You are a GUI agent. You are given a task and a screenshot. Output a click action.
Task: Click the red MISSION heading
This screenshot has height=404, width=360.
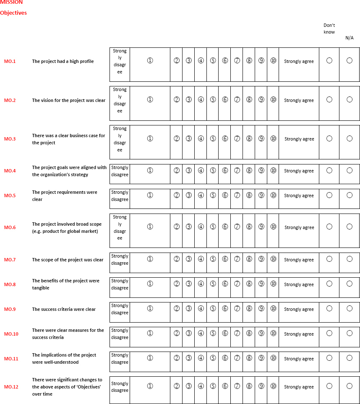[x=11, y=2]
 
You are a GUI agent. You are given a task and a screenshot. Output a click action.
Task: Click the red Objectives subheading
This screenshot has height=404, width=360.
[x=13, y=13]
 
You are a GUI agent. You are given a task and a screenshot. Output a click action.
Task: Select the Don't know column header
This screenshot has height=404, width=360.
[x=329, y=29]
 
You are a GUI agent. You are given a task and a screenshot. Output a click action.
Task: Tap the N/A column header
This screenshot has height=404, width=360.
[x=350, y=38]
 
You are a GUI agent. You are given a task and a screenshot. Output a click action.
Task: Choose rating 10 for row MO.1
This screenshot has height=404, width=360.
[x=273, y=60]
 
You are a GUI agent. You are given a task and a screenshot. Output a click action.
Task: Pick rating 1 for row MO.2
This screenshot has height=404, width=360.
[x=150, y=99]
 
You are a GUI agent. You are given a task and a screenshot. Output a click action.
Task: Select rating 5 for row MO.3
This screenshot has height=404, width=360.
[x=213, y=138]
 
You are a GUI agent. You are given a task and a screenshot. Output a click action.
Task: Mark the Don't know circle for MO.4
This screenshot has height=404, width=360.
[x=329, y=170]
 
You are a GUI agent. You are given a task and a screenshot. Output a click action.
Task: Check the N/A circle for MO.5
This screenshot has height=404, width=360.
[x=350, y=195]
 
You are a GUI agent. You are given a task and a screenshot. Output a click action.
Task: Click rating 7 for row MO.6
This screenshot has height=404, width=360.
[x=237, y=227]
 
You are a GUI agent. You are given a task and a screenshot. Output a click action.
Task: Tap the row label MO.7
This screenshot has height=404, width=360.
[x=10, y=260]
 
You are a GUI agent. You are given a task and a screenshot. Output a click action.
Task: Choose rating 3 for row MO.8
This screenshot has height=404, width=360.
[x=189, y=284]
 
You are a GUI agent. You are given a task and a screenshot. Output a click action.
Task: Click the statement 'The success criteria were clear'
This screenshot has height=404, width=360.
[x=64, y=309]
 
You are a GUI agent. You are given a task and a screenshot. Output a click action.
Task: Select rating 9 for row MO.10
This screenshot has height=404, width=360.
[x=261, y=333]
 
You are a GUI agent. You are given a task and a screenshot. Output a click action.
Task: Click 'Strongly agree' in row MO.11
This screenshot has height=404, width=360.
[x=299, y=359]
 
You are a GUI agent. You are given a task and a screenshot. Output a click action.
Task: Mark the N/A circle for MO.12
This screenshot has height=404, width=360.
[x=350, y=386]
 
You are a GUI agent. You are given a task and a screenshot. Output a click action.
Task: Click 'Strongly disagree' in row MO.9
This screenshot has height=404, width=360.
[x=120, y=309]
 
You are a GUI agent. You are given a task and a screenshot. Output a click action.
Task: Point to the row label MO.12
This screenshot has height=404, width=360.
[x=11, y=387]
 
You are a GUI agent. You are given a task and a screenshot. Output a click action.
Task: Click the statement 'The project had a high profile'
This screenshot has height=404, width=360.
[x=63, y=61]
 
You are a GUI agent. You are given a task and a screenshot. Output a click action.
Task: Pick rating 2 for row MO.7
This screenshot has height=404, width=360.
[x=177, y=259]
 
